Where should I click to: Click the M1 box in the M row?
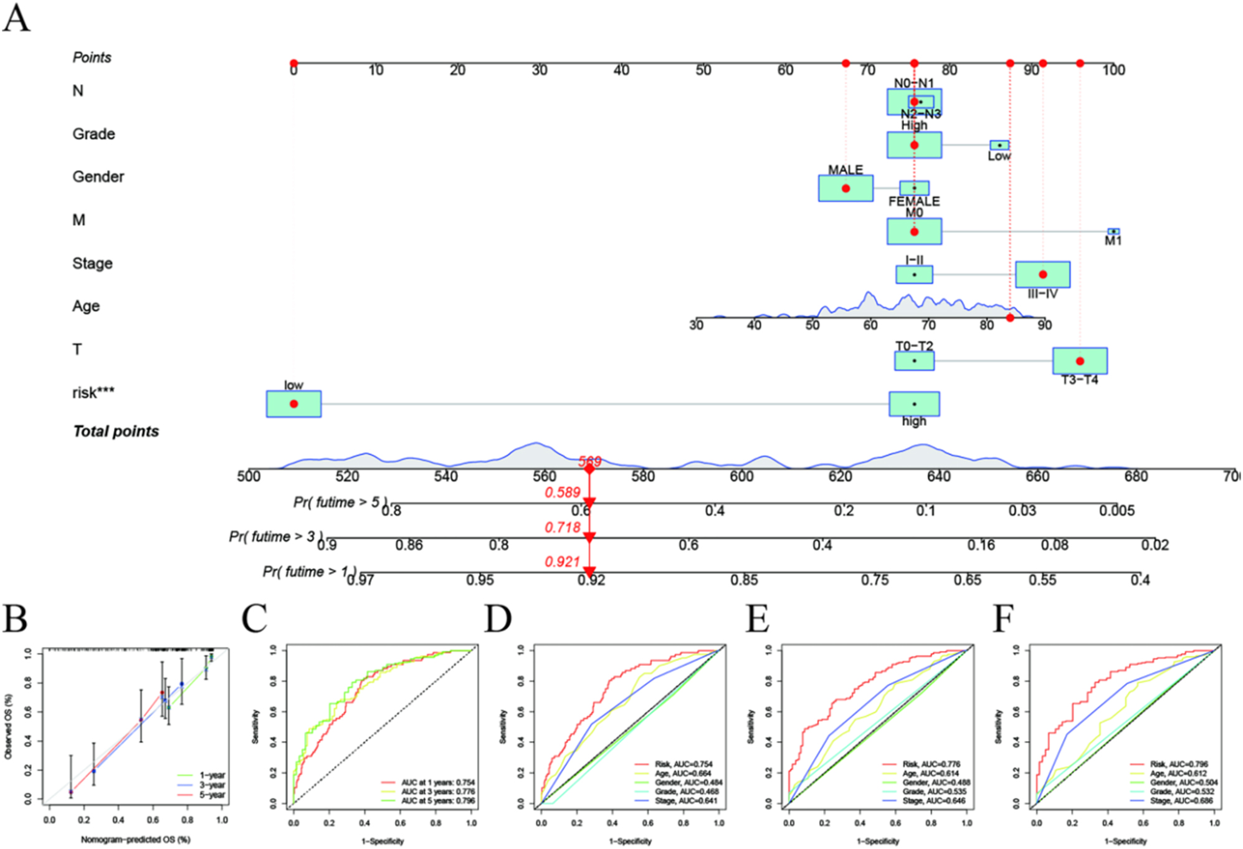[x=1113, y=232]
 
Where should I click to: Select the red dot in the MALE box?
[x=845, y=188]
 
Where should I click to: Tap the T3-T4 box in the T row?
[x=1080, y=361]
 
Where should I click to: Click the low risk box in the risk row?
[x=293, y=404]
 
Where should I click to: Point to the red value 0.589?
[x=562, y=492]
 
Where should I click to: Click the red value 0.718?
[x=562, y=527]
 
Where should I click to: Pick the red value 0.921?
[x=562, y=562]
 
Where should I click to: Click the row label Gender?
[x=98, y=177]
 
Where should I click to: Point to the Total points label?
[x=116, y=431]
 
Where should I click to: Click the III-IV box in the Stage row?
[x=1042, y=274]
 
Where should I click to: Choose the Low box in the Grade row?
[x=999, y=145]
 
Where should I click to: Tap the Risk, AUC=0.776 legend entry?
[x=931, y=764]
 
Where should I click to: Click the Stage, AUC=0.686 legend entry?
[x=1181, y=800]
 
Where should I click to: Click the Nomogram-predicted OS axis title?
[x=135, y=840]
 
